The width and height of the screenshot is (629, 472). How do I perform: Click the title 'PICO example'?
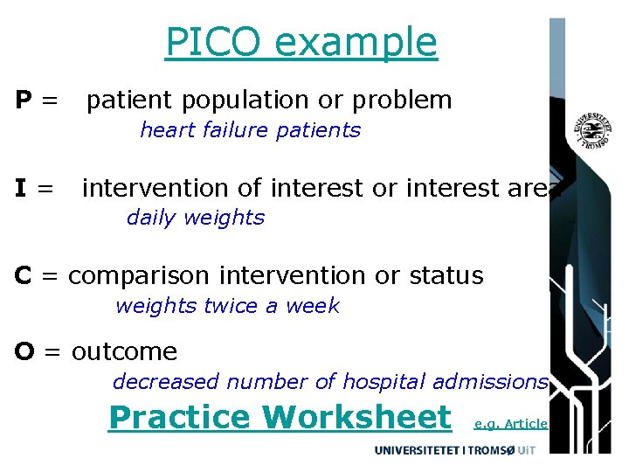[x=301, y=42]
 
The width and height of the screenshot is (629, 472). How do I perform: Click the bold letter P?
[x=25, y=101]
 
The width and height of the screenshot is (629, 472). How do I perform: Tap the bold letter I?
[x=21, y=188]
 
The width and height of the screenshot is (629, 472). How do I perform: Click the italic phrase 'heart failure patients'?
[x=250, y=130]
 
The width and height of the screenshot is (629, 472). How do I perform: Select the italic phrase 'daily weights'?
[x=195, y=218]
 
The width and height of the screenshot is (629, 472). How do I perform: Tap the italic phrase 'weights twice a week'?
[x=227, y=306]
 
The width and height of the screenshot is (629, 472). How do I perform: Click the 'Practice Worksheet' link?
[x=280, y=417]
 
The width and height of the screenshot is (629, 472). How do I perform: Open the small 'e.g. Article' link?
[x=510, y=424]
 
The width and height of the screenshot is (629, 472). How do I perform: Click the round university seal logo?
[x=591, y=133]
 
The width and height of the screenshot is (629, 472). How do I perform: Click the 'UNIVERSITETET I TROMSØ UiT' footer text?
[x=454, y=449]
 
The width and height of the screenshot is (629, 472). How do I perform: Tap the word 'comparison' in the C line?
[x=140, y=275]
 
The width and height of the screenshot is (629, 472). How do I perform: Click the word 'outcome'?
[x=124, y=351]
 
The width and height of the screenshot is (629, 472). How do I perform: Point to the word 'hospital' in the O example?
[x=383, y=382]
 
